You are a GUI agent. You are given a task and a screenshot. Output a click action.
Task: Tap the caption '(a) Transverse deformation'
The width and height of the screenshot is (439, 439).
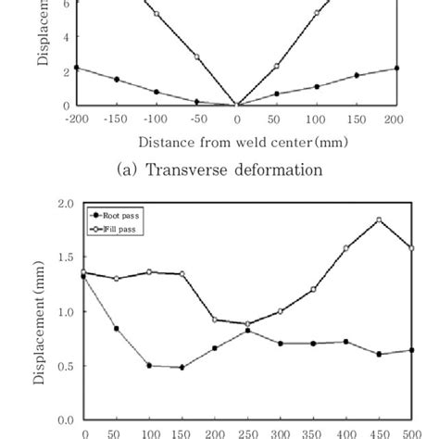[x=219, y=169]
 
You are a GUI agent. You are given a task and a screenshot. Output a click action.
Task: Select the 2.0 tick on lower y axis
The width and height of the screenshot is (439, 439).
[x=65, y=204]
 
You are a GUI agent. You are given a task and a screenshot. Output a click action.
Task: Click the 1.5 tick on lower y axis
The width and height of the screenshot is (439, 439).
[x=65, y=257]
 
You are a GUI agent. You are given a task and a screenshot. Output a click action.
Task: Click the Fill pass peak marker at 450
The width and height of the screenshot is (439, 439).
[x=379, y=220]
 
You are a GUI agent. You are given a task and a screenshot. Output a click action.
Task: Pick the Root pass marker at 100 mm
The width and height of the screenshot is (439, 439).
[x=149, y=365]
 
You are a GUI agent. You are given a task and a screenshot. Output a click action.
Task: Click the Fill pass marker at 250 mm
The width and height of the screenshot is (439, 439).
[x=248, y=324]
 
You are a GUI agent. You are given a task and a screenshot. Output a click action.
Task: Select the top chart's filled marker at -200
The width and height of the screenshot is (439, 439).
[x=77, y=68]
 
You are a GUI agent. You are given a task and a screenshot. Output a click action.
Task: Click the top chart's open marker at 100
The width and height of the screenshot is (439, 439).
[x=317, y=13]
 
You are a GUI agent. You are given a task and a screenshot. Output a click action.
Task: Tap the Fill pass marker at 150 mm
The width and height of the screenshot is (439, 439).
[x=182, y=274]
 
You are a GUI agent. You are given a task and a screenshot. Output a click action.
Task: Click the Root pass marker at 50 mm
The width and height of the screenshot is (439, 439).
[x=116, y=329]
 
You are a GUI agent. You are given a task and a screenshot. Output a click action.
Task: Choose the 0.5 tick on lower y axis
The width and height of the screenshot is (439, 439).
[x=65, y=365]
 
